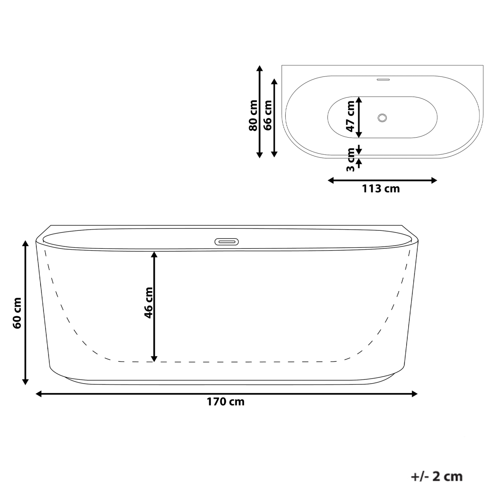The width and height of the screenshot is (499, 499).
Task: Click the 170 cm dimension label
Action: [x=226, y=402]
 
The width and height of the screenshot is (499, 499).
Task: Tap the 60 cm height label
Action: [x=18, y=313]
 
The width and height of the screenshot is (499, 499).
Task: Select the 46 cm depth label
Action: [x=149, y=303]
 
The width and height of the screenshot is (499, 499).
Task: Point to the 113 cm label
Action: [x=380, y=189]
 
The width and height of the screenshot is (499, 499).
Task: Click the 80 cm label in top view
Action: [x=253, y=115]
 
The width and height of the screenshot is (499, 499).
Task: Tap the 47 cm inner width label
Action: [x=350, y=116]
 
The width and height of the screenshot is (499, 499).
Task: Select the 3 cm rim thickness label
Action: [x=350, y=159]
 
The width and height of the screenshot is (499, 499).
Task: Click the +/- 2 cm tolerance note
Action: [x=437, y=476]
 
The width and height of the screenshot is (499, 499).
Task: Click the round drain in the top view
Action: [x=382, y=117]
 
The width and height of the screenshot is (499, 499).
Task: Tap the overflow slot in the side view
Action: [x=227, y=241]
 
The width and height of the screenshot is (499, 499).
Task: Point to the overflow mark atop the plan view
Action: [x=383, y=80]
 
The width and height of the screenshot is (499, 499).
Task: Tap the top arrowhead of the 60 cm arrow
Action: [x=25, y=244]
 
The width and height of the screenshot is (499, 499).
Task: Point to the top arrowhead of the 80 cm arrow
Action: [x=259, y=69]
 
